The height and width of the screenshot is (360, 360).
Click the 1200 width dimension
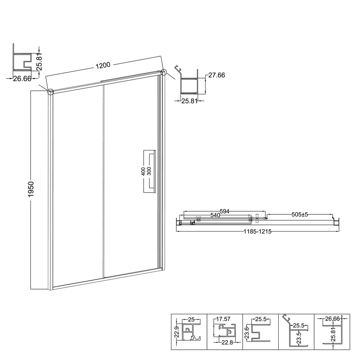pyautogui.click(x=103, y=66)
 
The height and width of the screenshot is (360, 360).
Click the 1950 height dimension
pyautogui.click(x=31, y=189)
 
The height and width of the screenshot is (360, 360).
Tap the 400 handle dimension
pyautogui.click(x=143, y=171)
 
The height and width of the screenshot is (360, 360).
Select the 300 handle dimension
pyautogui.click(x=149, y=171)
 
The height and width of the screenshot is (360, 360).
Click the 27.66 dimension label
pyautogui.click(x=216, y=75)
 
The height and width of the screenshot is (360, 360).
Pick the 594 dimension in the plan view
pyautogui.click(x=225, y=211)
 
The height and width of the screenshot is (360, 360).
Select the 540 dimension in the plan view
pyautogui.click(x=215, y=215)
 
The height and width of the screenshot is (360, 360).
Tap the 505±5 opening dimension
pyautogui.click(x=300, y=215)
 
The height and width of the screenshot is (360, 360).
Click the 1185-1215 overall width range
pyautogui.click(x=258, y=231)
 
